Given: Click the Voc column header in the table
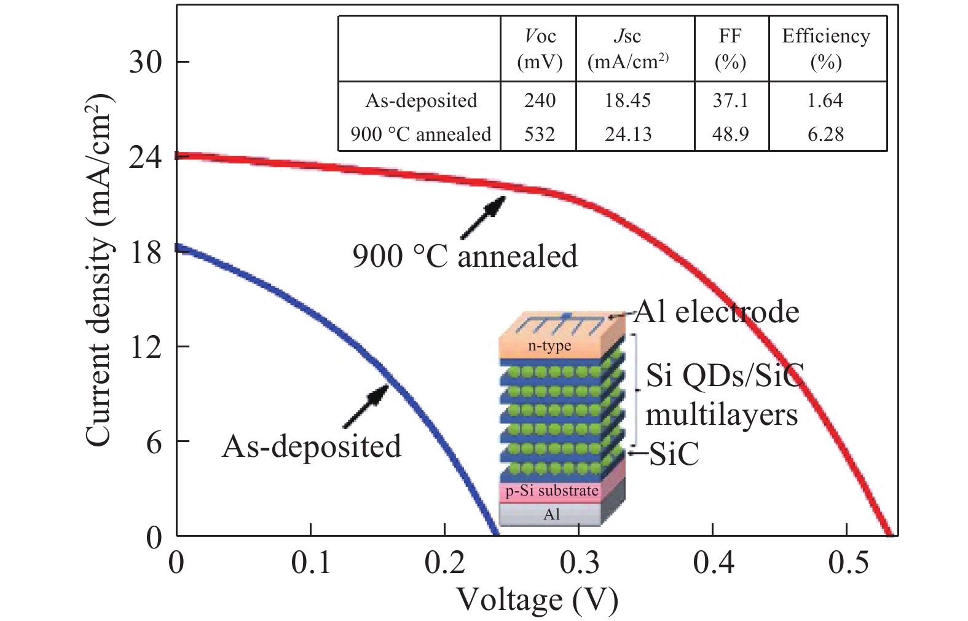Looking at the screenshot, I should coord(540,49).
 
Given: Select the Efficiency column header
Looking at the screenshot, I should coord(825,49).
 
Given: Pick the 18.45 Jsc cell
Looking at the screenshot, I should coord(628,101).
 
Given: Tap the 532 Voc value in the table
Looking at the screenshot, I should coord(540,134).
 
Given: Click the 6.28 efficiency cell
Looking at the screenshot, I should coord(825,134).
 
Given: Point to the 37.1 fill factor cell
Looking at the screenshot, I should coord(730,101).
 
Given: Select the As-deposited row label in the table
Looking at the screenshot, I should coord(421,101).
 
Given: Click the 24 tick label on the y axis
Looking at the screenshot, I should coord(146,157).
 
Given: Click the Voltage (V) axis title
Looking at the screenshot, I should coord(537,599).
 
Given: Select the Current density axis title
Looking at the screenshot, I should coord(100,271).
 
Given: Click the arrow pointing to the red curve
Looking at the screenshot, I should coord(483,218).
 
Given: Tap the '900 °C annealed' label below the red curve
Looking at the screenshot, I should coord(465,256).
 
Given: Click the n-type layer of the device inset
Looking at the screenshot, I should coord(549,346).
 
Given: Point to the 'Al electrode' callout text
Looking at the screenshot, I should coord(717,312).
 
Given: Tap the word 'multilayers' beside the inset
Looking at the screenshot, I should coord(721,415).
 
